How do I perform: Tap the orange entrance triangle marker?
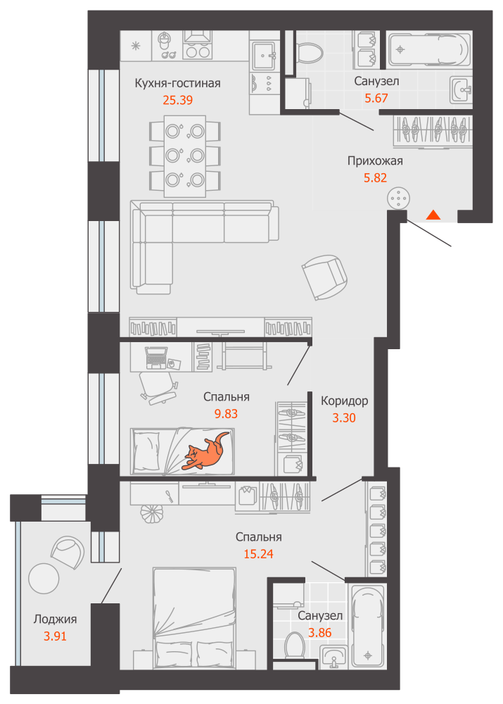(x=433, y=215)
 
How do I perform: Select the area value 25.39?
(x=178, y=100)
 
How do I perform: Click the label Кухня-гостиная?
(x=178, y=84)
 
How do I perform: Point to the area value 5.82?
(x=375, y=178)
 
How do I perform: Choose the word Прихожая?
(x=375, y=161)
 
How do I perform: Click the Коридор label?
(x=344, y=401)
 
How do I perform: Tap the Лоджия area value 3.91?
(x=55, y=636)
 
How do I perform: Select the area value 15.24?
(x=258, y=554)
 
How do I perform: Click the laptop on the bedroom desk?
(x=156, y=358)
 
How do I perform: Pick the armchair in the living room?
(x=324, y=277)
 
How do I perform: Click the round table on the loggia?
(x=44, y=578)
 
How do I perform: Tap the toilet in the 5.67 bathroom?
(x=310, y=53)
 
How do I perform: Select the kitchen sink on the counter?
(x=263, y=56)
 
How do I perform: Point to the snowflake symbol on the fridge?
(x=136, y=46)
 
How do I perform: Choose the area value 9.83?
(x=226, y=413)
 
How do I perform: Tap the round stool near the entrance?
(x=398, y=199)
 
